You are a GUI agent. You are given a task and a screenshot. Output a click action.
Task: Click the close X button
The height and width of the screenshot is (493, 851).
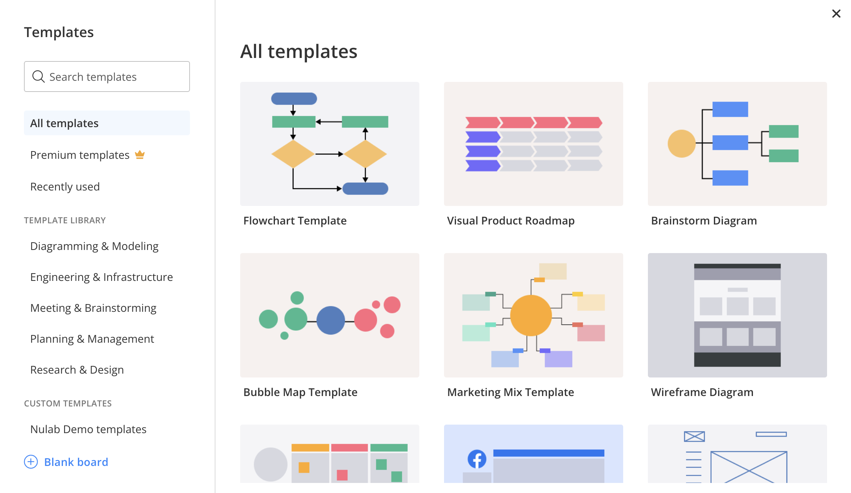tap(836, 14)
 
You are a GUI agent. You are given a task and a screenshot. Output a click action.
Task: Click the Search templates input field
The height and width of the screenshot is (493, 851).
tap(107, 76)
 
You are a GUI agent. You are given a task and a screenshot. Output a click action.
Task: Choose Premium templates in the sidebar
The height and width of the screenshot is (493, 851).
tap(80, 155)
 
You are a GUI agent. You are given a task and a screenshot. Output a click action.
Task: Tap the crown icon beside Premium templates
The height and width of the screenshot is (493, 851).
tap(140, 155)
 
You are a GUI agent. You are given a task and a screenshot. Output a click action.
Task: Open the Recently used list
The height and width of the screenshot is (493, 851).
tap(65, 187)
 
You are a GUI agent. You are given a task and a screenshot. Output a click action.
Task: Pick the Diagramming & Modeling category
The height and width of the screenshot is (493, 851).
tap(94, 246)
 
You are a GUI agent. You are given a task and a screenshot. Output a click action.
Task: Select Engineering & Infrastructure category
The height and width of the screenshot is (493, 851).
tap(102, 277)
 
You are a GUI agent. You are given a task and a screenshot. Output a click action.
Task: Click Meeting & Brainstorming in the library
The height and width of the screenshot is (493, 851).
tap(93, 308)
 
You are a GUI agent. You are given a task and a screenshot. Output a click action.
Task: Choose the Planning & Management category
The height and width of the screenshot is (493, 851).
tap(92, 339)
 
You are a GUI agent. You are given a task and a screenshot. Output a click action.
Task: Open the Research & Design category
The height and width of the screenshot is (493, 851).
tap(77, 370)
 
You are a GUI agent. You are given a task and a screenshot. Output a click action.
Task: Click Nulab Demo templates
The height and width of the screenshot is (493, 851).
tap(88, 429)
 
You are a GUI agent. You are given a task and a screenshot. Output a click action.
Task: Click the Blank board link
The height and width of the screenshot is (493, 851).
tap(76, 462)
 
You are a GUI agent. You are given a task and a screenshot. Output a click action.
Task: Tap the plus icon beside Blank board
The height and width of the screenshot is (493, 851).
tap(31, 462)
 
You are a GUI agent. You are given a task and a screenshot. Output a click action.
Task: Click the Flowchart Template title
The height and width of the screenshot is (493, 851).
tap(295, 221)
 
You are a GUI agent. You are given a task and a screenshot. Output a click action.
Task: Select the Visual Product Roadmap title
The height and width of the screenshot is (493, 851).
tap(511, 221)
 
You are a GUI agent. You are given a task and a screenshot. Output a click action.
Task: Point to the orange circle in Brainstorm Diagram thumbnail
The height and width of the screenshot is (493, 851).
tap(681, 143)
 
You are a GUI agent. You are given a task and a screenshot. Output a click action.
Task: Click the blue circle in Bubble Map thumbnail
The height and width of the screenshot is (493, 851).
tap(331, 320)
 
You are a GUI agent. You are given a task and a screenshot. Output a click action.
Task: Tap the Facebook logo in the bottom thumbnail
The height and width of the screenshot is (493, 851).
tap(477, 459)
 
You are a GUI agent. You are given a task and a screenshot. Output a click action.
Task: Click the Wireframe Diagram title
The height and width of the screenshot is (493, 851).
tap(702, 392)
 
